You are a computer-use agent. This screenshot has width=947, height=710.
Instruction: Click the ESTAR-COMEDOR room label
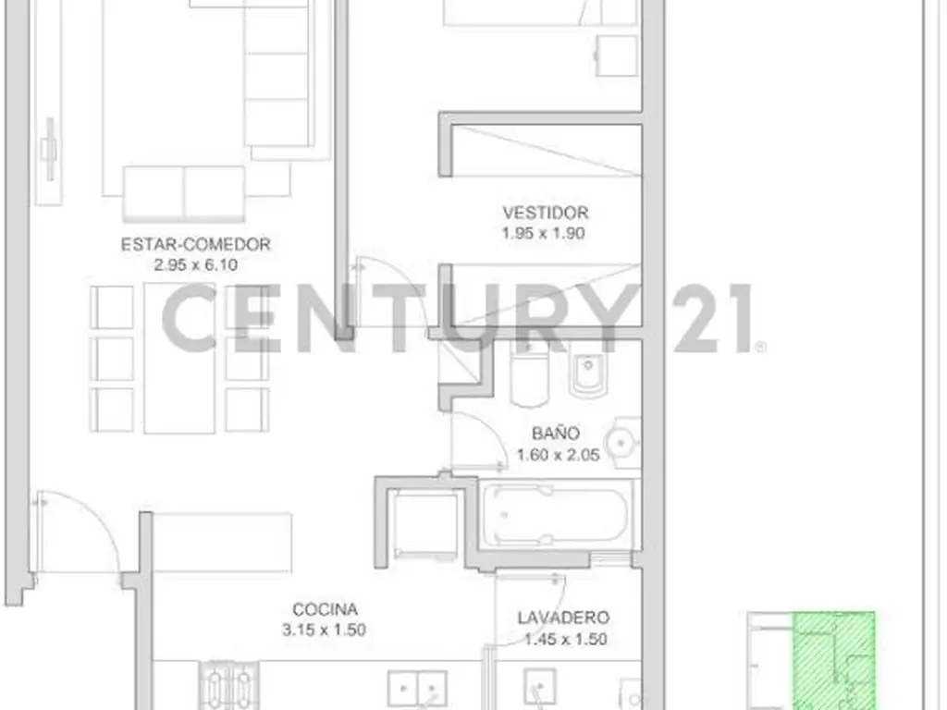point(196,244)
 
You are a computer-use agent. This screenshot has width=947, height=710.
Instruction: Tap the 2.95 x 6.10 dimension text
point(196,265)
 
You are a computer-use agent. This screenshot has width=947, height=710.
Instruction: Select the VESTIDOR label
point(546,213)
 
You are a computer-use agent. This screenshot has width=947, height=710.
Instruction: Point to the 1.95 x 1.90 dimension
point(544,233)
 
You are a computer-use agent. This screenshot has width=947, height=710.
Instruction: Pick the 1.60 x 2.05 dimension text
point(558,455)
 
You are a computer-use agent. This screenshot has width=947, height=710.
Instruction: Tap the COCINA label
point(325,609)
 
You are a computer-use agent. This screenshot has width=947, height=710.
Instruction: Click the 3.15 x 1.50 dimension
point(324,630)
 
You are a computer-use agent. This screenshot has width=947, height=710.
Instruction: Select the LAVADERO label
point(563,618)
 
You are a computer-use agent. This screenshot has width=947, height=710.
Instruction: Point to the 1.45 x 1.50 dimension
point(565,639)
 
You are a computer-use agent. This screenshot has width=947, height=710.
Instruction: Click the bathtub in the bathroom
point(555,515)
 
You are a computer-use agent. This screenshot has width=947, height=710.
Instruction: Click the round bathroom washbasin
point(622,443)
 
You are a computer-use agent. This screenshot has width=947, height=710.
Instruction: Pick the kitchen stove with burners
point(229,685)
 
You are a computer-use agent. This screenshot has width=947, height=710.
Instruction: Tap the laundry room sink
point(540,688)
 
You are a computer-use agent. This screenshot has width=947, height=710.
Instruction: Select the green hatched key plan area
point(834,661)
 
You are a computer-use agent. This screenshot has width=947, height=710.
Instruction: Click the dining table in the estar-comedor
point(179,358)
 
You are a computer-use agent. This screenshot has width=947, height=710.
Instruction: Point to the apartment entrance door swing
point(79,532)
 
